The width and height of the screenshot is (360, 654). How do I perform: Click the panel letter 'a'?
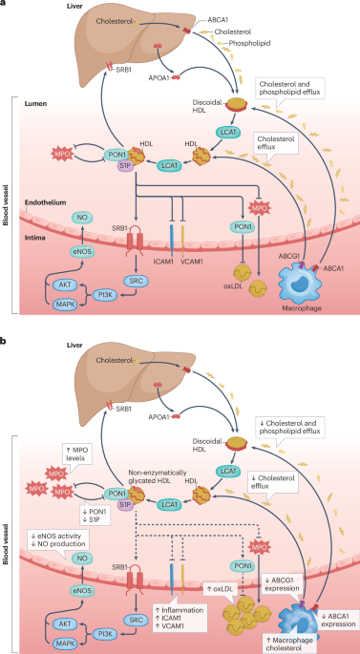pyautogui.click(x=5, y=6)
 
